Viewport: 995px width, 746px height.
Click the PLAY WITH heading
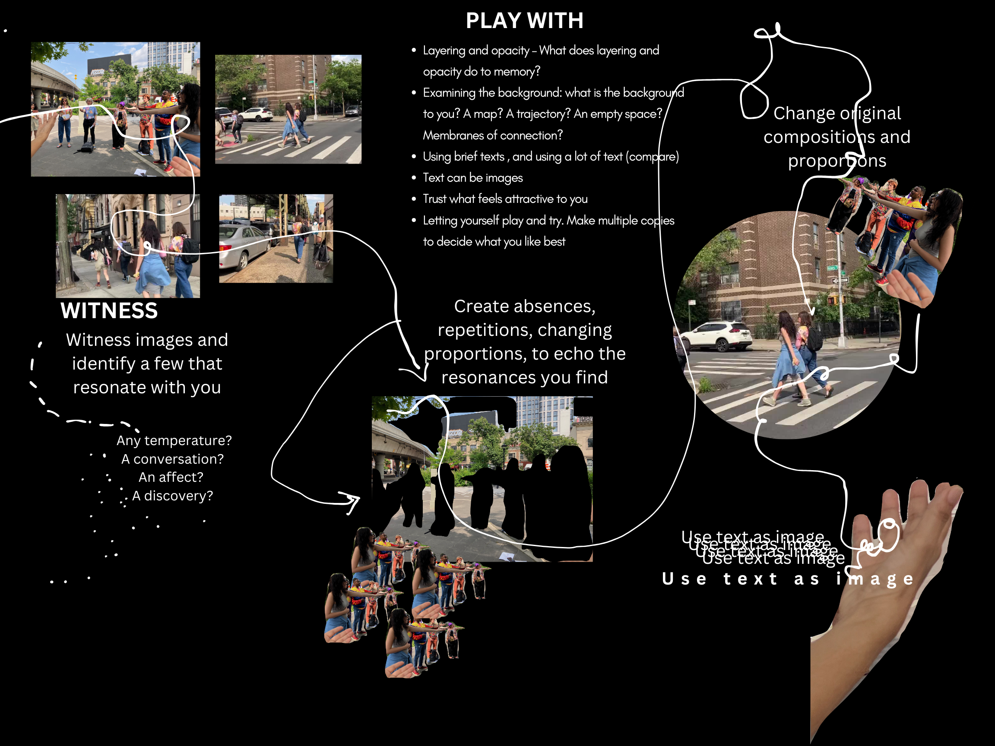[524, 21]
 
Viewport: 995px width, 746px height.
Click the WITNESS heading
[109, 311]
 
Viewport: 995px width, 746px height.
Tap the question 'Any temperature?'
[174, 440]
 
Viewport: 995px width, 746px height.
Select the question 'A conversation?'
[172, 458]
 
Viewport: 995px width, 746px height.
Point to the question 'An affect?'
[171, 477]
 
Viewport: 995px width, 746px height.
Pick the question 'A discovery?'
[172, 496]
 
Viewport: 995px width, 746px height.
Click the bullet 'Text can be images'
[473, 177]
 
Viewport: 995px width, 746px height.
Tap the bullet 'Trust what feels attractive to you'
[505, 199]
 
